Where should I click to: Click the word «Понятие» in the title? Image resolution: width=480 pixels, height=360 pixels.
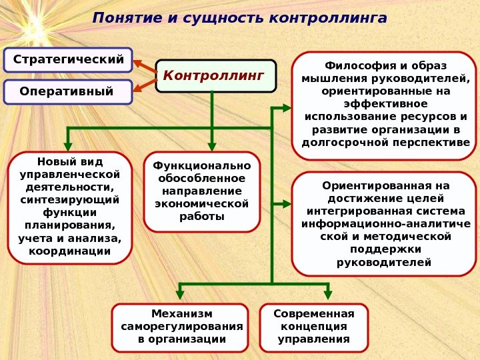tap(124, 17)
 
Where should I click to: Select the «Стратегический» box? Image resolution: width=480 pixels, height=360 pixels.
tap(69, 59)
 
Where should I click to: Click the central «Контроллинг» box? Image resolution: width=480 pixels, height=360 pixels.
tap(214, 75)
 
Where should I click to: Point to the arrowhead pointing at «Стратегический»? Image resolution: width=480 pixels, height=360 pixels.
tap(138, 64)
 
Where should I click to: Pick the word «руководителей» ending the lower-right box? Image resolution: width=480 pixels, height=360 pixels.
tap(384, 262)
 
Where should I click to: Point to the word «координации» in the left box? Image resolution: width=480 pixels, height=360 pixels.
tap(70, 251)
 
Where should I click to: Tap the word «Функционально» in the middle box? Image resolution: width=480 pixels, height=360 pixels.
tap(202, 166)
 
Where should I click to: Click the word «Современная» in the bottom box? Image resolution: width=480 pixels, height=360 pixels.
tap(313, 313)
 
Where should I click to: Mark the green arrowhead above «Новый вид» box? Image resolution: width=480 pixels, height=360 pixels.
tap(67, 146)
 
